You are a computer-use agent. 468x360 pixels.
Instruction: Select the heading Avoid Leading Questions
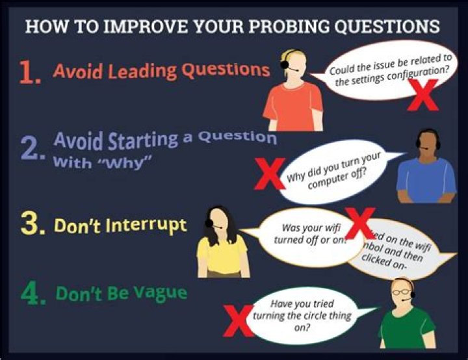click(x=161, y=70)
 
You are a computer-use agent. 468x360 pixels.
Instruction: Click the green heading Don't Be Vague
click(x=121, y=293)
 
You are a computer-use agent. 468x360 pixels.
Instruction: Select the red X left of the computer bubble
click(x=268, y=174)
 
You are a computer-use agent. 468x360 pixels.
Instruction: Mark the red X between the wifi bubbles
click(x=359, y=223)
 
